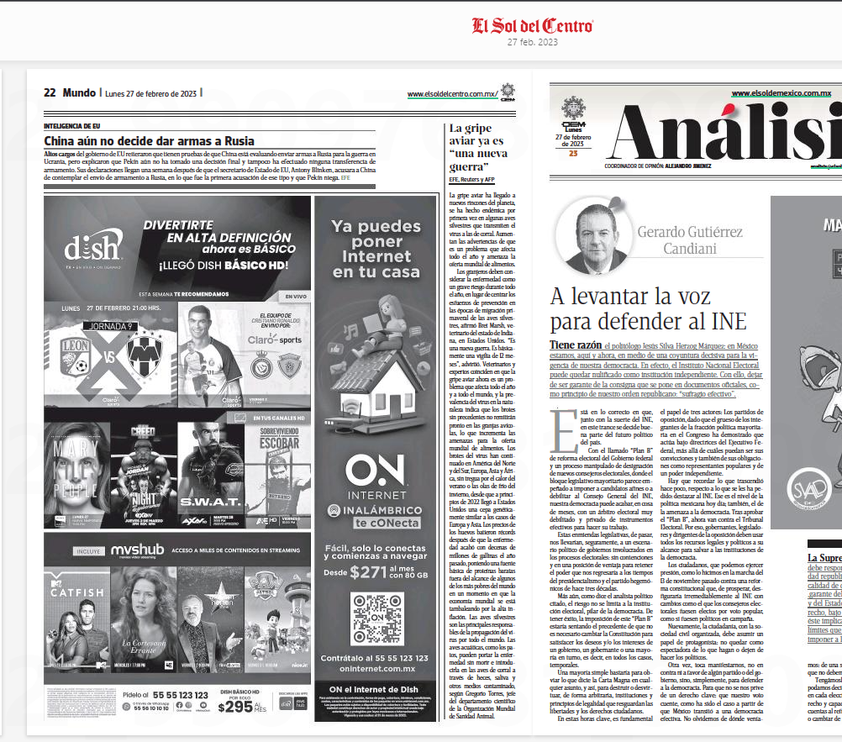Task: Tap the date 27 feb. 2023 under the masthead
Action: click(532, 42)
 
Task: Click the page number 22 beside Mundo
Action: click(50, 93)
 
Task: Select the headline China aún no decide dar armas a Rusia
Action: click(149, 141)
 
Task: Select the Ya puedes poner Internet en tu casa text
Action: click(375, 250)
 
